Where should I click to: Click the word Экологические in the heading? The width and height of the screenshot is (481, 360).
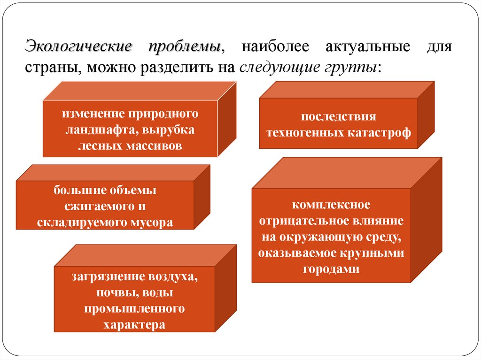(78, 47)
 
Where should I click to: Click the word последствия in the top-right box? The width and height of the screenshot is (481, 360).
(339, 117)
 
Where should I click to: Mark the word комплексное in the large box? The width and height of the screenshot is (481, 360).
(331, 205)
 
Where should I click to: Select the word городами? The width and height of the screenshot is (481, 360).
(331, 269)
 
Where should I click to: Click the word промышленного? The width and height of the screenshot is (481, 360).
(134, 308)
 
